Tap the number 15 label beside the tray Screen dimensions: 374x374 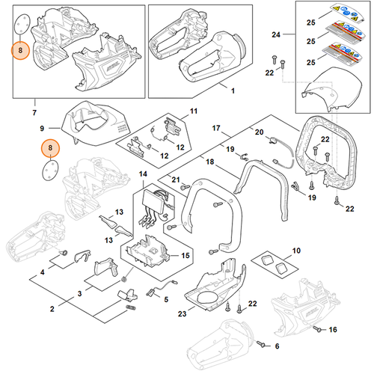tap(186, 256)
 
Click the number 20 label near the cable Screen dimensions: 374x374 tap(259, 132)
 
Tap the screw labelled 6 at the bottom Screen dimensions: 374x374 tap(261, 345)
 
